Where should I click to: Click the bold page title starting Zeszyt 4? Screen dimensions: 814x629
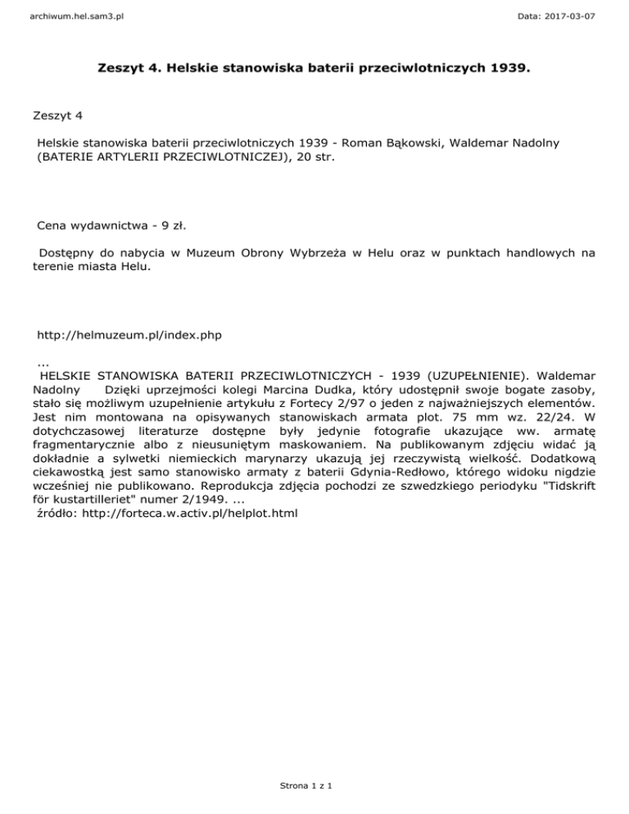314,83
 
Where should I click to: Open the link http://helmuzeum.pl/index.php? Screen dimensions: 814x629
129,335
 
